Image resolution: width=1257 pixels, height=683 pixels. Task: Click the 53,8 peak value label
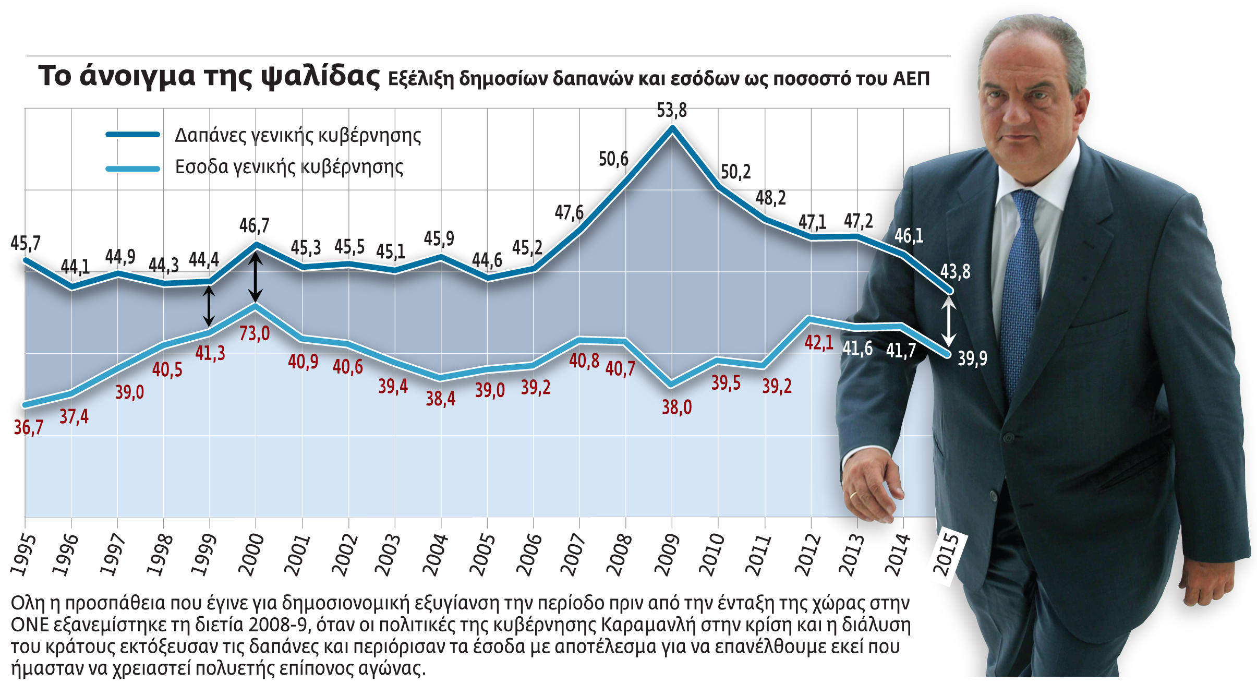(672, 111)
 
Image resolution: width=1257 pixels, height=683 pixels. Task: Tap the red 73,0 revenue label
(255, 333)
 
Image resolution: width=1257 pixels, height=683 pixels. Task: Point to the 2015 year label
(946, 554)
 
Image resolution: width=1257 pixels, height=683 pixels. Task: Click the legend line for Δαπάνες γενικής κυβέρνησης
(133, 135)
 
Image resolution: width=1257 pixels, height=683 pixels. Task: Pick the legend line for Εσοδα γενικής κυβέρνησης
(133, 169)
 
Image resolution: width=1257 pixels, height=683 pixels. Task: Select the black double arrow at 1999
(209, 307)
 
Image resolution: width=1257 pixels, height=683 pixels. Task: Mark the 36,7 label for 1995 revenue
(28, 427)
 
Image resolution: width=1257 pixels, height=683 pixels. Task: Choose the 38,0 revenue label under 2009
(676, 407)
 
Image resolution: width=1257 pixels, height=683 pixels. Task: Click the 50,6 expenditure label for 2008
(613, 159)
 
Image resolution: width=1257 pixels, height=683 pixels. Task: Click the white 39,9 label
(972, 358)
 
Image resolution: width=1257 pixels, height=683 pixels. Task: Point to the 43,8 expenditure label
(955, 272)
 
